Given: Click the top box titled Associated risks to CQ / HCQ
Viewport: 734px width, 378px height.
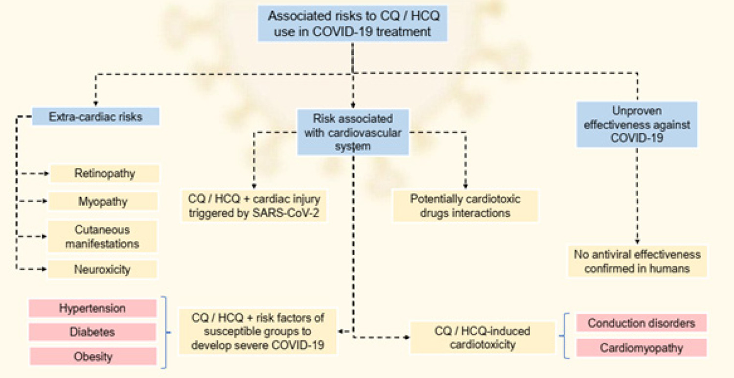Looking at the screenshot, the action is tap(353, 24).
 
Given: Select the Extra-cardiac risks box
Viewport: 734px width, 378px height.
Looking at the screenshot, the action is tap(96, 117).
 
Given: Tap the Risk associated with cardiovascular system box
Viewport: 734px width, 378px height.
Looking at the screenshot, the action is tap(353, 132).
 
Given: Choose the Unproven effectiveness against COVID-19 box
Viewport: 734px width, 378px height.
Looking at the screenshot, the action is tap(637, 124).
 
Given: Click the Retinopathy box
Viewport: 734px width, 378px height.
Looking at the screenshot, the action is tap(105, 173).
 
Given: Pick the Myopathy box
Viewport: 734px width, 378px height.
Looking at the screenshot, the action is tap(103, 201).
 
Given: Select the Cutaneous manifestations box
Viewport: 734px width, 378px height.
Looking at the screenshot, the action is tap(103, 236).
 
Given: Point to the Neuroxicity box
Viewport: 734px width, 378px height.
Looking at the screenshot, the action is tap(103, 269).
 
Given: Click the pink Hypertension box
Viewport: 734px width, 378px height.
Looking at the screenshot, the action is tap(93, 308).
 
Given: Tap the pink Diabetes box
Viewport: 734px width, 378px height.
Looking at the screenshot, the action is tap(93, 332).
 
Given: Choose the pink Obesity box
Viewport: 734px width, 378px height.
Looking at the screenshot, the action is tap(93, 356).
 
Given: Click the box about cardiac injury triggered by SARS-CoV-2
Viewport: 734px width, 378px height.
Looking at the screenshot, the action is tap(254, 206).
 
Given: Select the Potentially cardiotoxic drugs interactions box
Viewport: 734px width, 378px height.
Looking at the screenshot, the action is tap(465, 206).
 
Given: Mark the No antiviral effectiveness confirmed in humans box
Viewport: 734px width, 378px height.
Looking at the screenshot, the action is tap(637, 261).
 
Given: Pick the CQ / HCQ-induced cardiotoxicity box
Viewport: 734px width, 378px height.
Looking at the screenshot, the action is tap(482, 338).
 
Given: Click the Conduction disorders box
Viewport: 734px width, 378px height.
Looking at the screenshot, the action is tap(642, 323).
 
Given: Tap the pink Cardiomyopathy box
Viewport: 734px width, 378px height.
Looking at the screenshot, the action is tap(642, 348).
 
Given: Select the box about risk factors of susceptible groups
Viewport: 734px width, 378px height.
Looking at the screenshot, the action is tap(257, 331).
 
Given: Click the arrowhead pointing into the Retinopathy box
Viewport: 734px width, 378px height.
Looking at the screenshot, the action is tap(46, 173).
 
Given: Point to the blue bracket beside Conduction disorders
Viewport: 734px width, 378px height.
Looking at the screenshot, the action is tap(564, 336).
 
